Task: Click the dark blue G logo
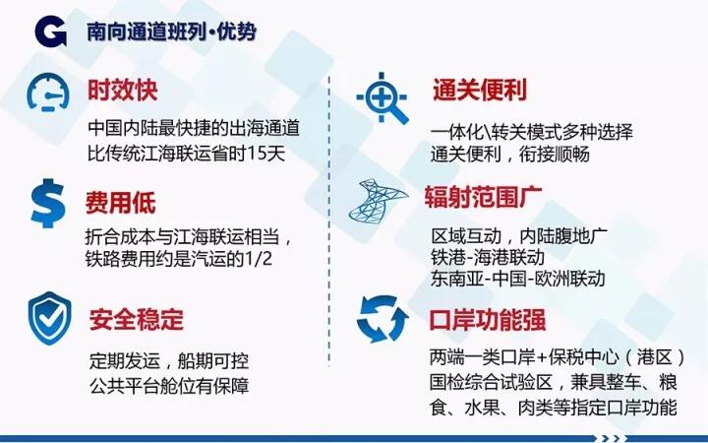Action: click(x=50, y=31)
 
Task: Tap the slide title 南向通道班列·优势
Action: click(x=171, y=32)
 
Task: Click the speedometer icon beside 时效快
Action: click(x=48, y=93)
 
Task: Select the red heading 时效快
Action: click(x=122, y=90)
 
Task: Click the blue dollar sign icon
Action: click(x=48, y=203)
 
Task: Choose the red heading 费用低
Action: click(x=121, y=202)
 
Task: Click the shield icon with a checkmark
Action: click(x=50, y=318)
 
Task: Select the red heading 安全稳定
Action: click(x=137, y=319)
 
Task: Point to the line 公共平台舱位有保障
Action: click(x=169, y=386)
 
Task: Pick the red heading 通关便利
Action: click(x=480, y=90)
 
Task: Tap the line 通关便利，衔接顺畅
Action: click(x=509, y=155)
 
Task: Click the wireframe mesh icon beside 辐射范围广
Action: click(x=379, y=200)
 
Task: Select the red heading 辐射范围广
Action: click(x=483, y=197)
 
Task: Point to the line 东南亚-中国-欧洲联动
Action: click(x=517, y=278)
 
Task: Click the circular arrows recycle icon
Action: click(x=383, y=319)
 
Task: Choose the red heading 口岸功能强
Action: click(x=488, y=320)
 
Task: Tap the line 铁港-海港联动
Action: click(x=488, y=257)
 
